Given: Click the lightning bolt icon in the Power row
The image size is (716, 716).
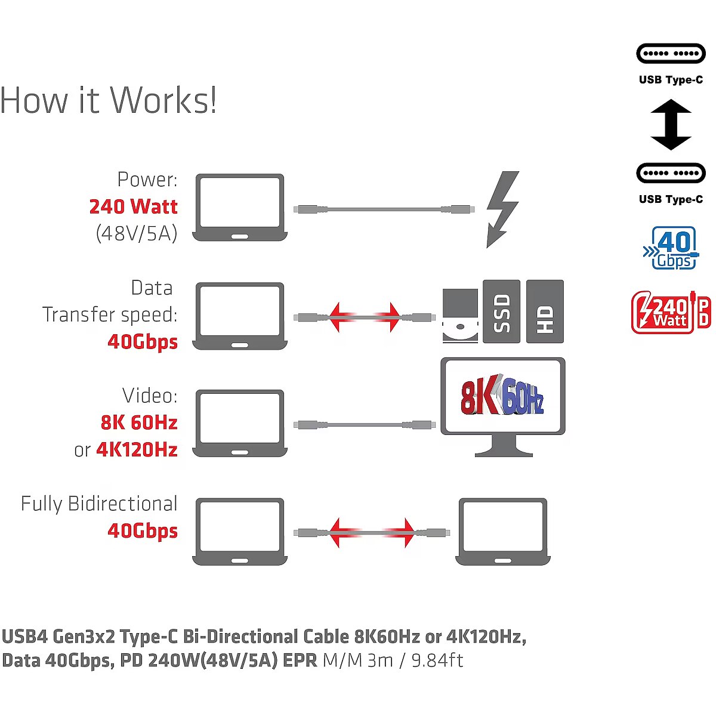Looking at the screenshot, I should coord(502,209).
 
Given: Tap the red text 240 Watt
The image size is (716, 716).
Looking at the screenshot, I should coord(133,206).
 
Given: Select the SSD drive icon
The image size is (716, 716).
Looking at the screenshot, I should coord(501,311).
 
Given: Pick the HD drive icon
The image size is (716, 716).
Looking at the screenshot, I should coord(545,311).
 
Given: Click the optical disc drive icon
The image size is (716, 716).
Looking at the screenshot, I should coord(460,316).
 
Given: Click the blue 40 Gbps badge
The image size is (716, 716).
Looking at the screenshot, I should coord(671,248).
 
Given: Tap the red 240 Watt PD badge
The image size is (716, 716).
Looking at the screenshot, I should coord(671,311).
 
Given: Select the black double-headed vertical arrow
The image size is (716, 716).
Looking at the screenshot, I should coord(671,125).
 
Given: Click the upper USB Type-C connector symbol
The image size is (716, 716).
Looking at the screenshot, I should coord(671,54).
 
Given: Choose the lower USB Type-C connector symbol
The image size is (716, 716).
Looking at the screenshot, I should coord(671,173).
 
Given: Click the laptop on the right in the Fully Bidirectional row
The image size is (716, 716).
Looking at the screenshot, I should coord(502,531).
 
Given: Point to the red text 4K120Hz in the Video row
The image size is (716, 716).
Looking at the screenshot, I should coord(137,449).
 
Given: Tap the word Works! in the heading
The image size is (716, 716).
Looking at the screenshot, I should coord(164,100).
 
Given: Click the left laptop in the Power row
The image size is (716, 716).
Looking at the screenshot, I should coord(240,207).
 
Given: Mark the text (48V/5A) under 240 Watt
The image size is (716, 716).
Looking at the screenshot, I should coord(137,233).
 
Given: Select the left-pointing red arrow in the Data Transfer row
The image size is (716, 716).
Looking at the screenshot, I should coord(341,317).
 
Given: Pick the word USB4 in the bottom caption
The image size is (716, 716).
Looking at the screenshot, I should coord(24,637).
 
